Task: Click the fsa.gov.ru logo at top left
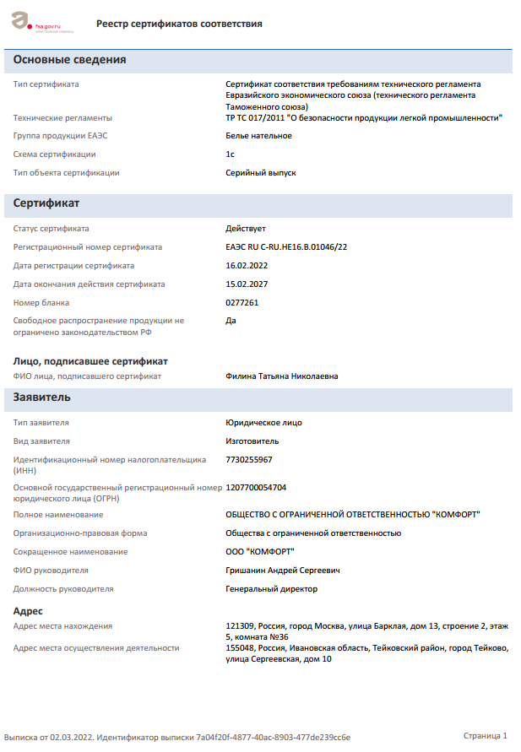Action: tap(42, 24)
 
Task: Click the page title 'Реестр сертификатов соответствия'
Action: tap(179, 24)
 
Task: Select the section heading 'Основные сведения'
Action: tap(70, 60)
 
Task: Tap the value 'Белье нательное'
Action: tap(258, 136)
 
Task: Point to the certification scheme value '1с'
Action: tap(231, 154)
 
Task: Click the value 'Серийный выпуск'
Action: tap(260, 173)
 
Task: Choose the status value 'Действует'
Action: tap(246, 229)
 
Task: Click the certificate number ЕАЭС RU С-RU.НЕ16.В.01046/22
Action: tap(286, 247)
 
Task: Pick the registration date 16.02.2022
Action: tap(247, 266)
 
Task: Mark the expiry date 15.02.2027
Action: tap(247, 284)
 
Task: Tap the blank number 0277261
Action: tap(242, 303)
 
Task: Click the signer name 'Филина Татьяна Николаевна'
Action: tap(281, 376)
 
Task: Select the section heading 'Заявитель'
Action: tap(42, 397)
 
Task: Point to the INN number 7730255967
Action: tap(249, 460)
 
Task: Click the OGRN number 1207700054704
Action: tap(256, 488)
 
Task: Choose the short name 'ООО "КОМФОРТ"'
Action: tap(260, 552)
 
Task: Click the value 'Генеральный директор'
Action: tap(271, 589)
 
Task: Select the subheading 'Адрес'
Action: tap(28, 610)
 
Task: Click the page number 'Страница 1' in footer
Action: tap(486, 737)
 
